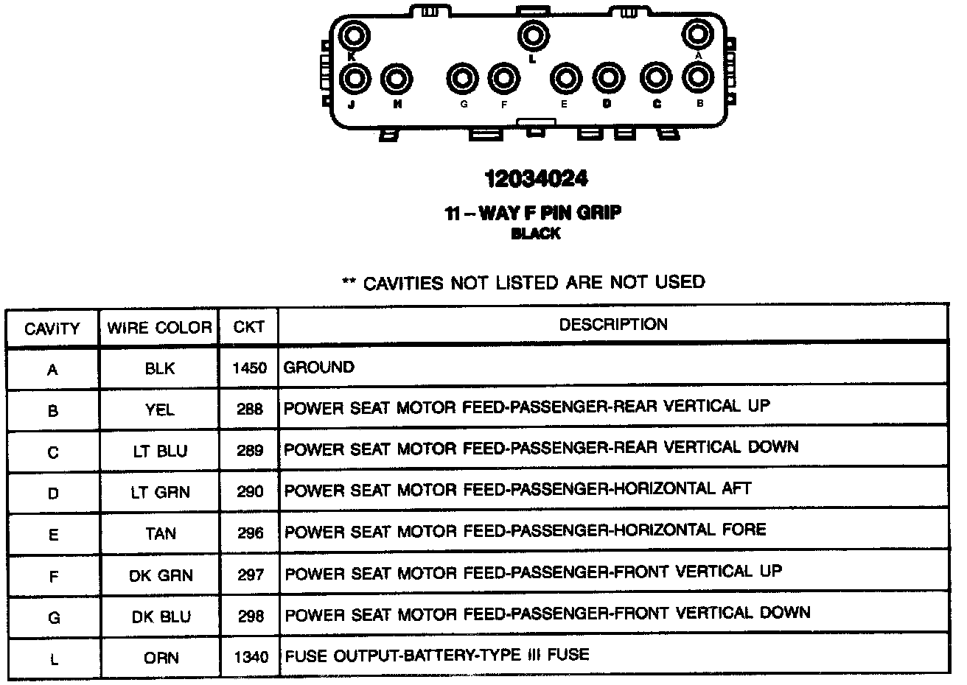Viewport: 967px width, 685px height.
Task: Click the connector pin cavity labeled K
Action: coord(353,35)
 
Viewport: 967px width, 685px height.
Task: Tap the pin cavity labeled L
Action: coord(532,35)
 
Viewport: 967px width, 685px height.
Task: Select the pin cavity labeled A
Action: coord(697,34)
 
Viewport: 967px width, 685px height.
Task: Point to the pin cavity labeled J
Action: coord(356,78)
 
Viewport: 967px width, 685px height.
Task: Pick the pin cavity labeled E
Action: coord(565,78)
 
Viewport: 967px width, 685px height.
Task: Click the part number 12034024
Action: coord(536,179)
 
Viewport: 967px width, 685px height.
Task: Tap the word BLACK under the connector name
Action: coord(536,234)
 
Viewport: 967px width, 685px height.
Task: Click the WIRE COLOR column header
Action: coord(159,328)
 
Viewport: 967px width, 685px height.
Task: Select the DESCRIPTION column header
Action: coord(613,325)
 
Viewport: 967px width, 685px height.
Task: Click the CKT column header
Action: coord(248,327)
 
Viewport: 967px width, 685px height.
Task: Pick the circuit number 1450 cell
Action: coord(249,368)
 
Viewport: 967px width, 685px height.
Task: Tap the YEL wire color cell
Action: coord(160,410)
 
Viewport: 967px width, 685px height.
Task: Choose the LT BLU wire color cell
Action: coord(160,452)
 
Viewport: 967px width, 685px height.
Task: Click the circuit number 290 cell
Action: coord(250,492)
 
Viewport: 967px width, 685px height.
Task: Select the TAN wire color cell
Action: coord(160,533)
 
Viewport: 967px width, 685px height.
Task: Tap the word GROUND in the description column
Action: coord(319,367)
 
